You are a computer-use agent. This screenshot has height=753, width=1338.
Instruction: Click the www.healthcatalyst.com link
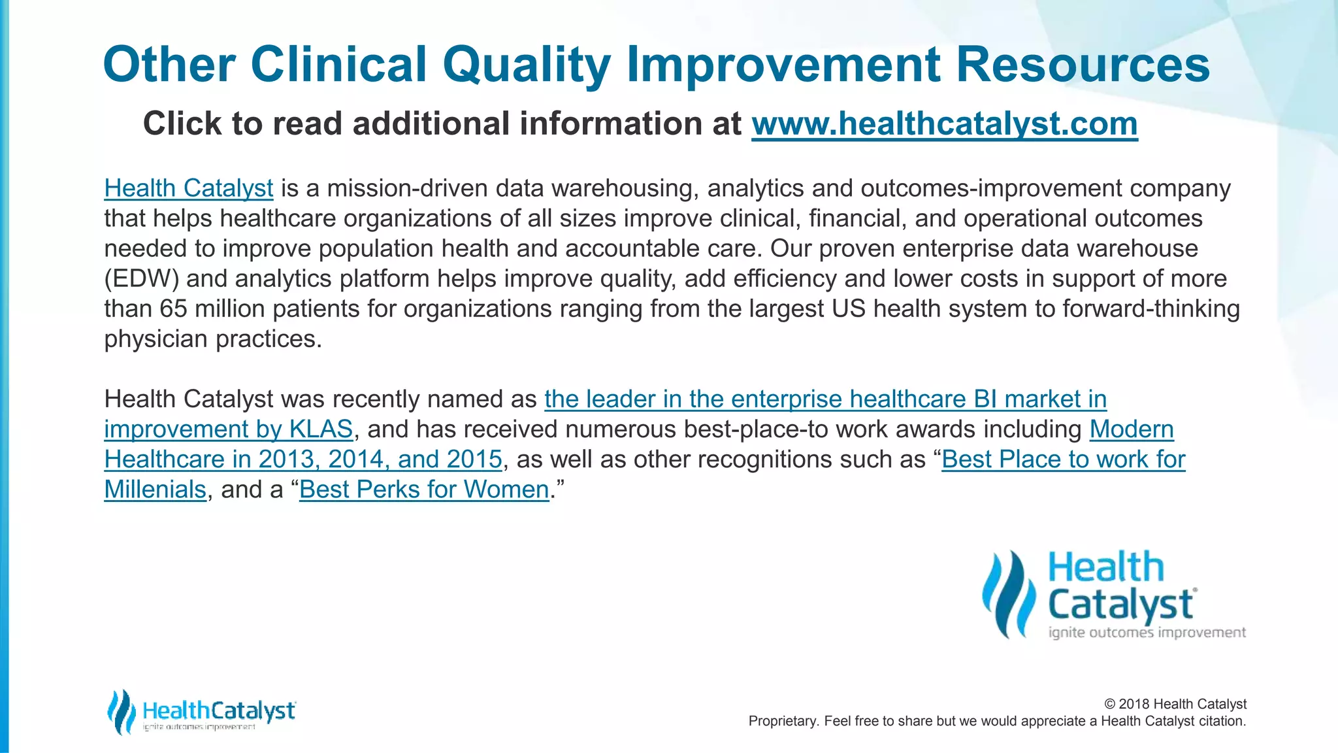(944, 124)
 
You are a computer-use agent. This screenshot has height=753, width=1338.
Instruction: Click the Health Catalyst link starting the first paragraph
(188, 188)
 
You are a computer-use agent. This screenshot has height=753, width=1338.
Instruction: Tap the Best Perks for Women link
(424, 490)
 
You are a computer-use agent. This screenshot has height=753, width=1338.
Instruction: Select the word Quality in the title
(526, 65)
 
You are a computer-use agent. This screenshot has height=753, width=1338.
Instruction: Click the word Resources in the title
(1083, 65)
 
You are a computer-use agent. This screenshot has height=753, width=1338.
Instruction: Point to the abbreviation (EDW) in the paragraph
(141, 279)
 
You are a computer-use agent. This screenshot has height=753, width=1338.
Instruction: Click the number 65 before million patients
(173, 309)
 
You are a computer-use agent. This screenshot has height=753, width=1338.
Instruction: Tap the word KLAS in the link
(321, 429)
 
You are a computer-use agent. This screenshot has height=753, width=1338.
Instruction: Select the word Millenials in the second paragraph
(155, 490)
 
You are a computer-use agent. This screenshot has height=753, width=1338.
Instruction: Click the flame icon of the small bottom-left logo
(121, 711)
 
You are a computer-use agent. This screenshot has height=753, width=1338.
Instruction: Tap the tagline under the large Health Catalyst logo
(1147, 633)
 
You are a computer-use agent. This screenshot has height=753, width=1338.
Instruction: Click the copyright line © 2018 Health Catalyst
(1175, 704)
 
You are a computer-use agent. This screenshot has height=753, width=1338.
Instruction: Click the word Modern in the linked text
(1132, 429)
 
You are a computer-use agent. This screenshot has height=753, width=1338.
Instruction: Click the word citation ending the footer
(1221, 721)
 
